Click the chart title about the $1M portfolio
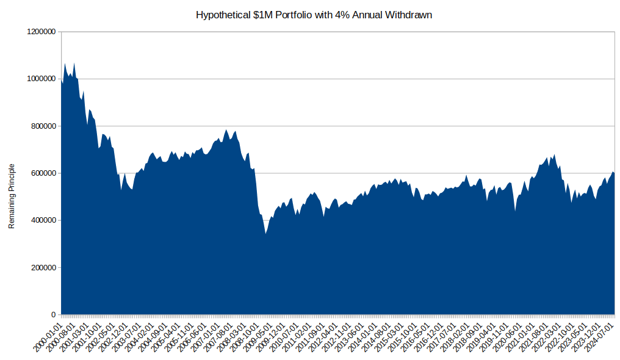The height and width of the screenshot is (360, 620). tap(314, 15)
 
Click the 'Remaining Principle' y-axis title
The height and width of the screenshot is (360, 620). tap(12, 196)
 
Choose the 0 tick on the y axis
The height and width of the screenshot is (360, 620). tap(53, 315)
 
